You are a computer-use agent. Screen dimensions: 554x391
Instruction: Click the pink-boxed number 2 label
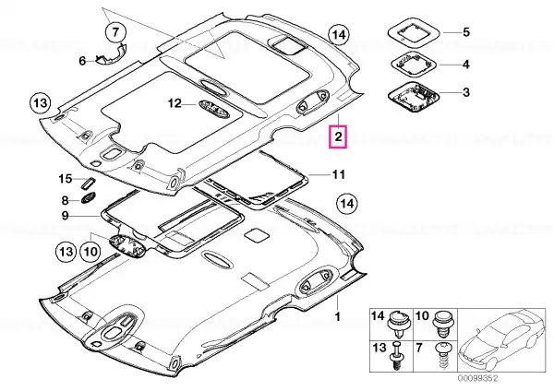click(x=338, y=136)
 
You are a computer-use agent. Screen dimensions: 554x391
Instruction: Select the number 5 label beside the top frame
click(x=466, y=32)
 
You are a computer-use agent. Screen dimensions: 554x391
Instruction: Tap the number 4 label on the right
click(x=466, y=65)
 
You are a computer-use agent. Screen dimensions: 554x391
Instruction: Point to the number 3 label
click(x=466, y=92)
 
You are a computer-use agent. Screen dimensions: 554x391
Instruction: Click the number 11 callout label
click(x=338, y=174)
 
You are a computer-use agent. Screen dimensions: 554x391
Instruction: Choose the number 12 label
click(x=175, y=103)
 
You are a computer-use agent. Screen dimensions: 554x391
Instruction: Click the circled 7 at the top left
click(x=115, y=32)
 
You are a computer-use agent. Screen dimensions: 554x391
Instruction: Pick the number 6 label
click(x=82, y=61)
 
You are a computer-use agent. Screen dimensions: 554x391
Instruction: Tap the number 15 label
click(x=65, y=179)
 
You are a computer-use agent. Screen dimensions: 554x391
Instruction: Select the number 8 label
click(x=65, y=200)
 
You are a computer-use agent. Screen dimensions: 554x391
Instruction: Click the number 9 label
click(x=65, y=215)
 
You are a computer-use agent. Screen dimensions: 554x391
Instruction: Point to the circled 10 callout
click(x=90, y=252)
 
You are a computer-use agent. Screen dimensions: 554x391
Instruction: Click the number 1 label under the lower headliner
click(x=337, y=316)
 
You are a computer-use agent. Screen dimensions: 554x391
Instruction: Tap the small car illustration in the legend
click(x=501, y=339)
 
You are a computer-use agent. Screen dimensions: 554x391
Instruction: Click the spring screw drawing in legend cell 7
click(x=443, y=356)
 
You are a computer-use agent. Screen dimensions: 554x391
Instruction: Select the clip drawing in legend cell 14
click(x=398, y=324)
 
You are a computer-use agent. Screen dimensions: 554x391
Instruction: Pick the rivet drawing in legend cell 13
click(x=396, y=355)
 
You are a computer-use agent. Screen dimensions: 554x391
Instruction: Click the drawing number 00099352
click(x=478, y=378)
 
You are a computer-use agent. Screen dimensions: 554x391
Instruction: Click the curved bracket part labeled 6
click(x=111, y=54)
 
